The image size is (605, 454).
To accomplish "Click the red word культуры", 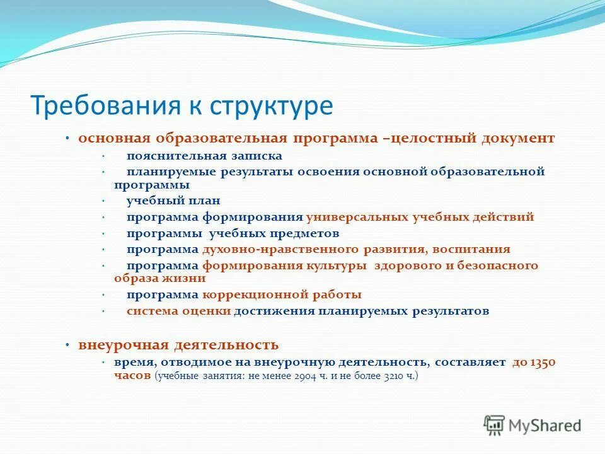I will (x=337, y=265).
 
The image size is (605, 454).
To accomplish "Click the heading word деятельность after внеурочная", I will (x=226, y=345).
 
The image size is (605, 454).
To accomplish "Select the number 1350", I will (x=542, y=363).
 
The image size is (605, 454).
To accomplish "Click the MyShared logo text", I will (x=544, y=426).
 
